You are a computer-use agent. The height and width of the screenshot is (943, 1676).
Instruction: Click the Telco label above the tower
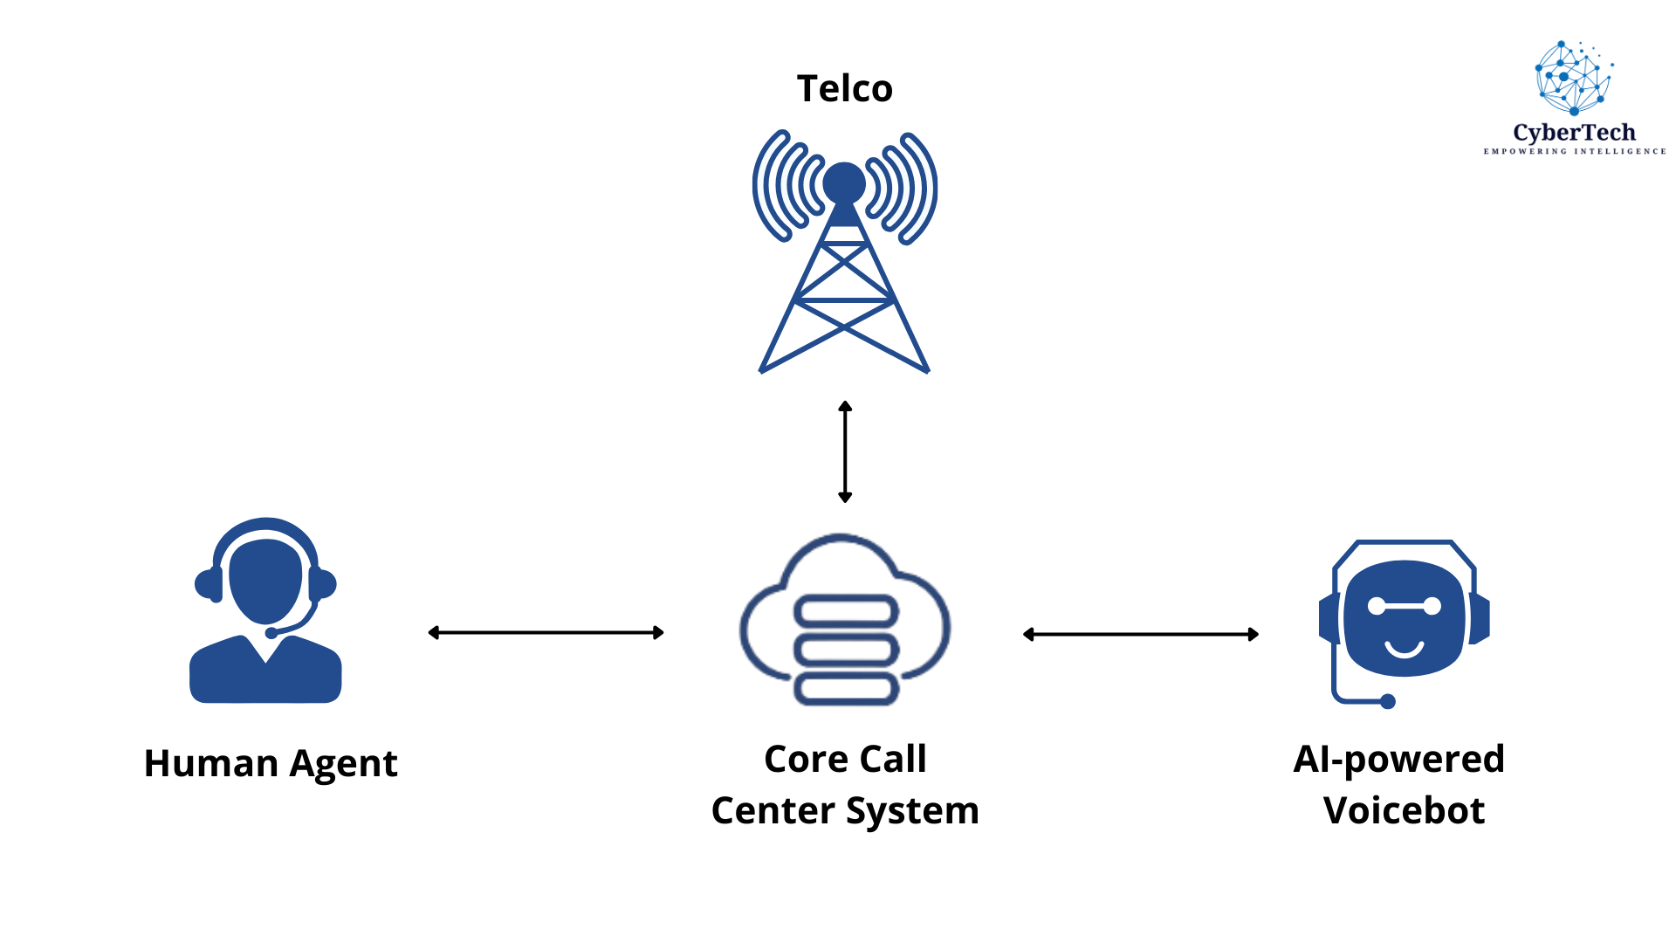pos(844,88)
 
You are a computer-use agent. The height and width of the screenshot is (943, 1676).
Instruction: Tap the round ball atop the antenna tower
pos(844,182)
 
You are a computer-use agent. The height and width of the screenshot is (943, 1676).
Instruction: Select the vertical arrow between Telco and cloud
pos(845,451)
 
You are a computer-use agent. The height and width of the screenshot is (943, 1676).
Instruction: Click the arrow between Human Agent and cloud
pos(546,632)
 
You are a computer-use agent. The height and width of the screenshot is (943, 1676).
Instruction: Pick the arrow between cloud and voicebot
pos(1140,634)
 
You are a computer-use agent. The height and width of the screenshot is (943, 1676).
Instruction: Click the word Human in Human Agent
pos(211,763)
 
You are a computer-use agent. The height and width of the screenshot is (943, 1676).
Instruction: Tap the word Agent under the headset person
pos(343,765)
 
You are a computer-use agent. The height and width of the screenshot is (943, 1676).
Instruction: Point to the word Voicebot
pos(1404,810)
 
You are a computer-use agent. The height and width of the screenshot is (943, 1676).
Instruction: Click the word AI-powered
pos(1398,759)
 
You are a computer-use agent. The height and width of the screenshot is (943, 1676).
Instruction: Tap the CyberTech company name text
pos(1574,133)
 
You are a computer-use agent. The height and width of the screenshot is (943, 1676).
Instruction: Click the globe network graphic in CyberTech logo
pos(1573,78)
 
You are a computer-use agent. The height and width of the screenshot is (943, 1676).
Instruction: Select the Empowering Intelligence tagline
pos(1575,151)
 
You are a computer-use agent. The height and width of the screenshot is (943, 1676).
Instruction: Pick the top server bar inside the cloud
pos(845,610)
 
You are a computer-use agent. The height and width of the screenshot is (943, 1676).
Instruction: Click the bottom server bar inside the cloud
pos(845,689)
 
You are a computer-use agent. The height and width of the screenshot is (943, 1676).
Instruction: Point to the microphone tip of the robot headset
pos(1388,701)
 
